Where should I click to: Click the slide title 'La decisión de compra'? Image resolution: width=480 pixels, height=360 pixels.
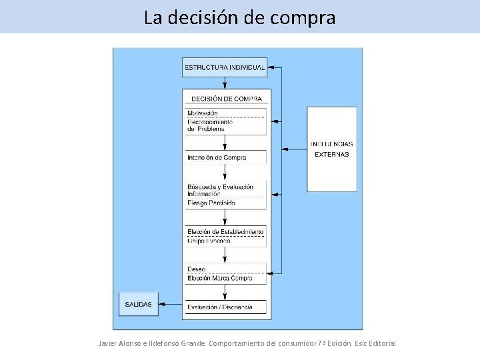[x=239, y=17]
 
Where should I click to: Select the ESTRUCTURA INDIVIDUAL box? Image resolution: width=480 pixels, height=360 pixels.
[x=225, y=67]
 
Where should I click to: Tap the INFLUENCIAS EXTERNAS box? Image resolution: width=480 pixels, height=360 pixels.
[x=331, y=149]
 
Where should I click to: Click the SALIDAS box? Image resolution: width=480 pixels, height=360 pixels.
[x=139, y=304]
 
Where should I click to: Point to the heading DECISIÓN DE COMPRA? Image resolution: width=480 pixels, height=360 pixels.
[x=227, y=99]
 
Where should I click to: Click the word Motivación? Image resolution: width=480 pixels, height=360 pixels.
[x=203, y=113]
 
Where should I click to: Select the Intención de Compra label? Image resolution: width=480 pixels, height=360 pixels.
[x=217, y=158]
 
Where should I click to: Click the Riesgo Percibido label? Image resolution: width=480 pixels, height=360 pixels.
[x=211, y=203]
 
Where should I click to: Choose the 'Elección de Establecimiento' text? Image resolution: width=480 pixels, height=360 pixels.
[x=225, y=231]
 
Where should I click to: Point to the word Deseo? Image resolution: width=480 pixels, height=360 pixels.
[x=197, y=269]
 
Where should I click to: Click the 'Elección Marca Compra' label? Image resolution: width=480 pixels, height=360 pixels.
[x=221, y=278]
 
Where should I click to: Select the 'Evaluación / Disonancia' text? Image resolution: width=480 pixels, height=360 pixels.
[x=220, y=307]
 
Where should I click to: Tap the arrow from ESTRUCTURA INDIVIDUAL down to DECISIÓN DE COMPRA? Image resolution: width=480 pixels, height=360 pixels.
[x=225, y=83]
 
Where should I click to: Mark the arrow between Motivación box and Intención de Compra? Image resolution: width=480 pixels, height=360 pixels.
[x=225, y=143]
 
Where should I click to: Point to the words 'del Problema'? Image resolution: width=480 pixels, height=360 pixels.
[x=206, y=129]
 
